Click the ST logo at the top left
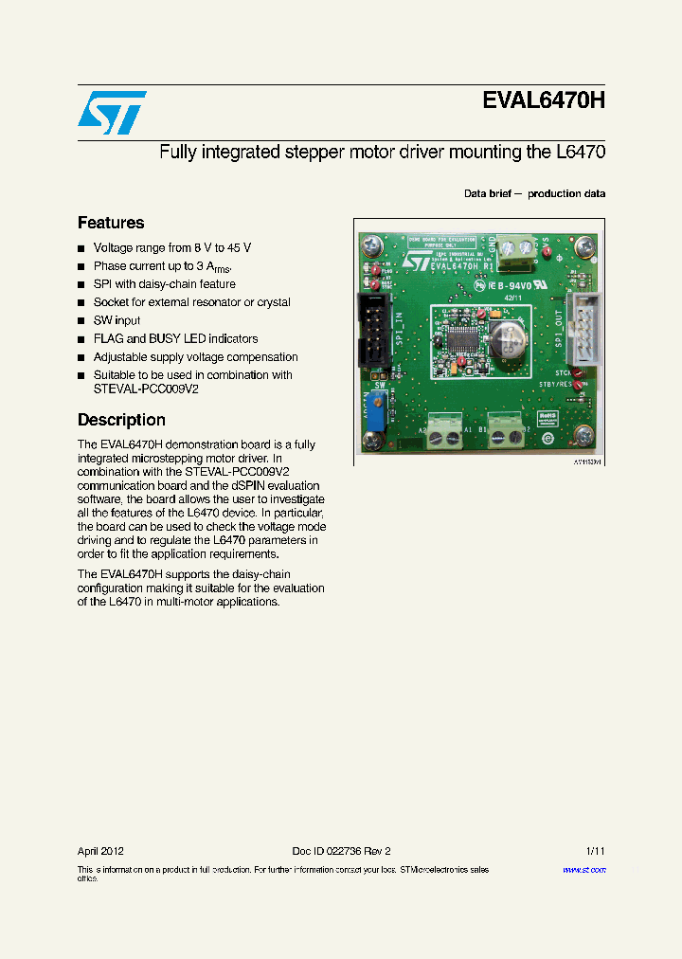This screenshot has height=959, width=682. [112, 112]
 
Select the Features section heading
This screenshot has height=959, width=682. [111, 223]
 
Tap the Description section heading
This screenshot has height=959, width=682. [121, 420]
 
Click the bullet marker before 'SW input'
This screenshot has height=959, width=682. [81, 321]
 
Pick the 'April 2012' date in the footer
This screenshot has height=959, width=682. [100, 851]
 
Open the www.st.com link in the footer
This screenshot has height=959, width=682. [584, 870]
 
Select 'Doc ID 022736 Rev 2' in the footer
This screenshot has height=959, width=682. [341, 851]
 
